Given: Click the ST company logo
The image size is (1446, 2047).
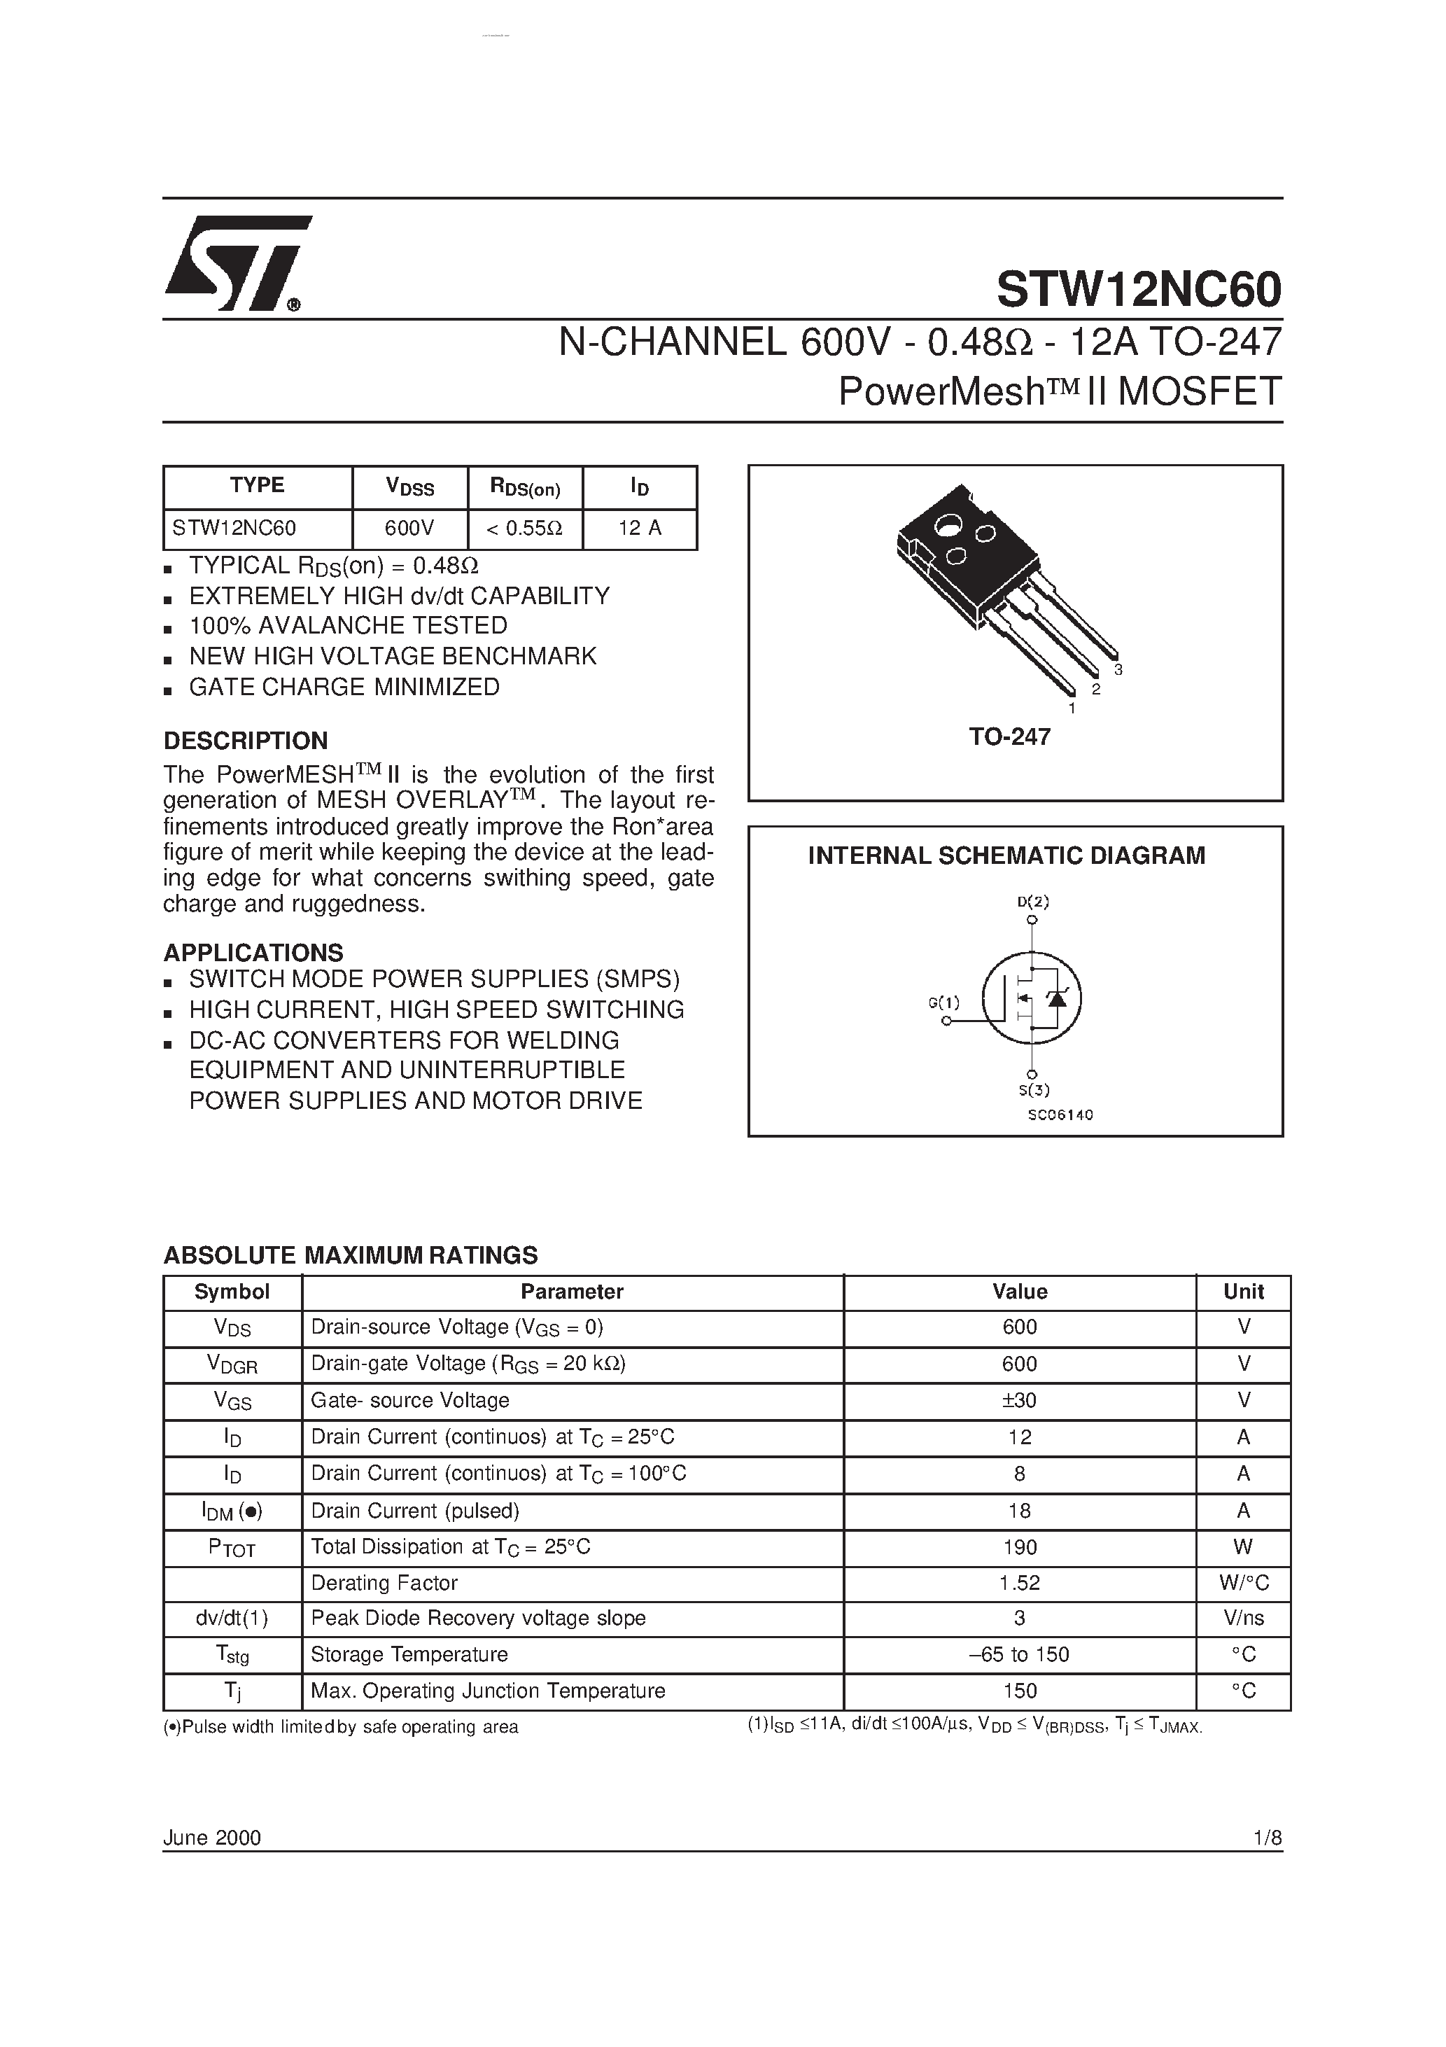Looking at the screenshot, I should [237, 264].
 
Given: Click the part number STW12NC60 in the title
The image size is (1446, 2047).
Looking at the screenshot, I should [1139, 289].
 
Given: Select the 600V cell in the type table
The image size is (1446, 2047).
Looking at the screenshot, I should [409, 529].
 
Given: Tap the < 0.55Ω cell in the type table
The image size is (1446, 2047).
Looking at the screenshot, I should [524, 529].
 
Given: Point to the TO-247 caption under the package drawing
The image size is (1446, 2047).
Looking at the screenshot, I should [1010, 736].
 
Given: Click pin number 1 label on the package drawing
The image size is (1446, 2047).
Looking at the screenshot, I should [1072, 708].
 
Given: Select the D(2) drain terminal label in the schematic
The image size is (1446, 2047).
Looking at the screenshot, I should [1033, 902].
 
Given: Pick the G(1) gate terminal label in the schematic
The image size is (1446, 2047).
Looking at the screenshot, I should [944, 1002].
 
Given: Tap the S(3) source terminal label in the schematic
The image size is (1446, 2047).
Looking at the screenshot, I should [1034, 1089].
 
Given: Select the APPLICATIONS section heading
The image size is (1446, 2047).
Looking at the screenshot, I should [253, 952].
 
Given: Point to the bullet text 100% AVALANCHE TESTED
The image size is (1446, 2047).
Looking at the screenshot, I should [348, 626].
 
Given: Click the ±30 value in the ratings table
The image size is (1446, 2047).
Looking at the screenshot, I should [1019, 1401].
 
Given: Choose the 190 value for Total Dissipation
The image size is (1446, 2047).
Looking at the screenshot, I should [1019, 1547].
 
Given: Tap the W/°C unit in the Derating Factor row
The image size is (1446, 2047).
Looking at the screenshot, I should [1244, 1584].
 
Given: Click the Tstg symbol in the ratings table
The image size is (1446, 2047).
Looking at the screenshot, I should [232, 1655].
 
